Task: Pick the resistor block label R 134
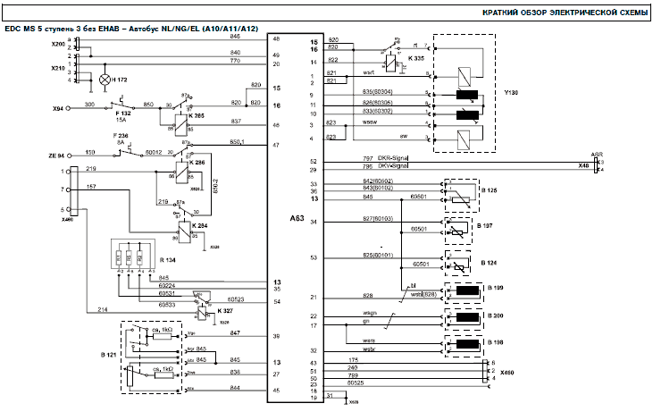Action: (x=167, y=260)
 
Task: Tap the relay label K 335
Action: (x=416, y=58)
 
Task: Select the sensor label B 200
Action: (x=496, y=317)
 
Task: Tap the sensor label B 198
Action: (x=496, y=343)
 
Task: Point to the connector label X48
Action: (x=584, y=166)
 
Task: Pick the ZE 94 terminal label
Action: (x=58, y=155)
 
